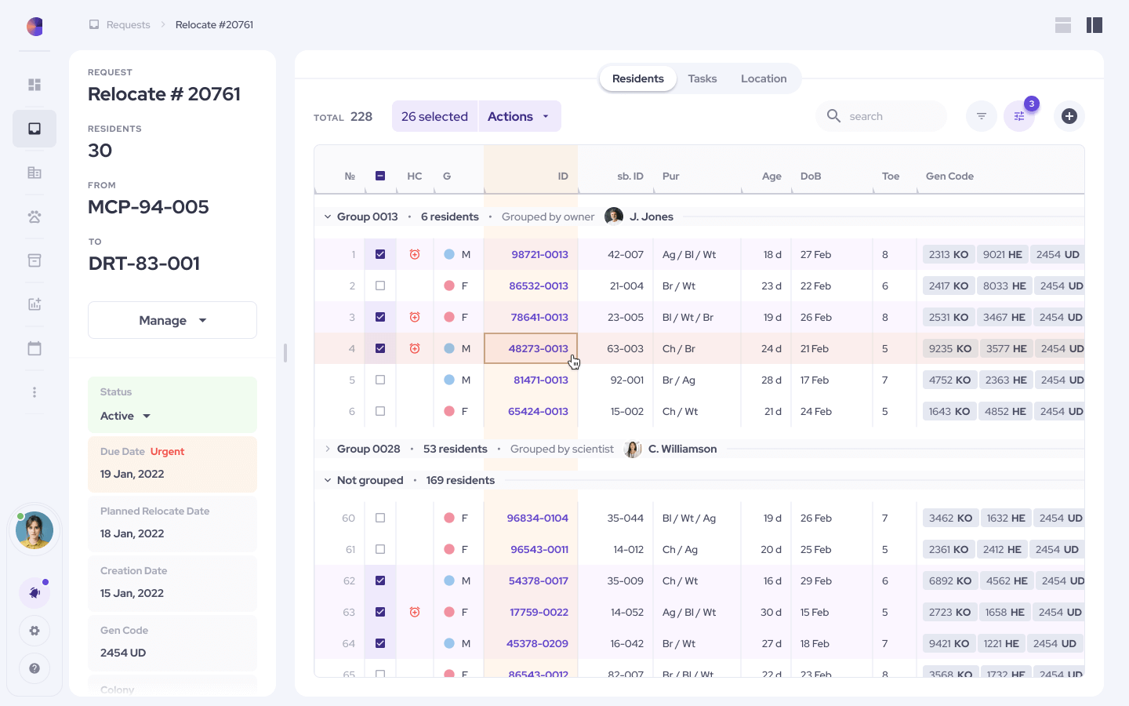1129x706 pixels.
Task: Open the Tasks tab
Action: [702, 78]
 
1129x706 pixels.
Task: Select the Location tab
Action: [763, 78]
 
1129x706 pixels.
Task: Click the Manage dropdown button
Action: [172, 320]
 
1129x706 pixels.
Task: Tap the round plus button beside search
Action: [1069, 116]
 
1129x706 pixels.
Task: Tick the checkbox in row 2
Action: [380, 286]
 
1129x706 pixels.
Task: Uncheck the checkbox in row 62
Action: [380, 580]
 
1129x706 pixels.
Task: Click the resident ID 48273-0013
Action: [538, 348]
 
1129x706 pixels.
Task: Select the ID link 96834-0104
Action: [537, 518]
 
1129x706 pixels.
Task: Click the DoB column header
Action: [811, 176]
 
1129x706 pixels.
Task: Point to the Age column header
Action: [771, 176]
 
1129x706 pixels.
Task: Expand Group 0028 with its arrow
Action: [327, 449]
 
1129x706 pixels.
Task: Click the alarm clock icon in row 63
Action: [415, 612]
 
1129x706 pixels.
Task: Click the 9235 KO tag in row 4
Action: [949, 348]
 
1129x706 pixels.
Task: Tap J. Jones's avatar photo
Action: [614, 217]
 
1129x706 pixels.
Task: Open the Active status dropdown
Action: [125, 416]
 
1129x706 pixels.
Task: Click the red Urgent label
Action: [167, 452]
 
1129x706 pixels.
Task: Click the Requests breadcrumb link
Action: [128, 25]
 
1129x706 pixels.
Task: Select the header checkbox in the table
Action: [380, 176]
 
